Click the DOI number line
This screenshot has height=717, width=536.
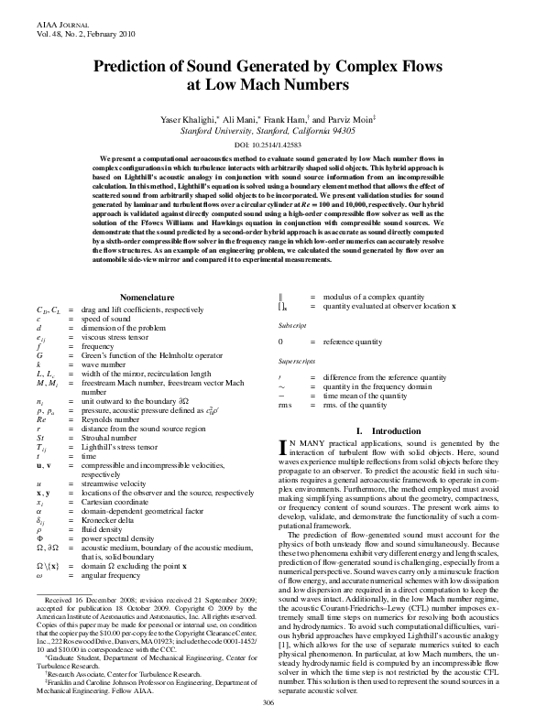pos(268,145)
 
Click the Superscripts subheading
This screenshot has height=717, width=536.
pos(298,361)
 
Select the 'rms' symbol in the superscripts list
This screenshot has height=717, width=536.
pos(284,404)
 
